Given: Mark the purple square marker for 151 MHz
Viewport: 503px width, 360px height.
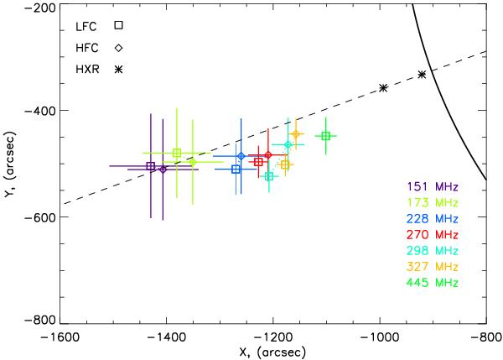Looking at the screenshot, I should pyautogui.click(x=151, y=166).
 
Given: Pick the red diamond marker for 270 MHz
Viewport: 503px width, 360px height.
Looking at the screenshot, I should pyautogui.click(x=268, y=155).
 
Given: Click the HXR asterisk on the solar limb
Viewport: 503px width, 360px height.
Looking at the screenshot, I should pyautogui.click(x=422, y=75).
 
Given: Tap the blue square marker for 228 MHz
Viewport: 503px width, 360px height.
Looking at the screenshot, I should pyautogui.click(x=236, y=170).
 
